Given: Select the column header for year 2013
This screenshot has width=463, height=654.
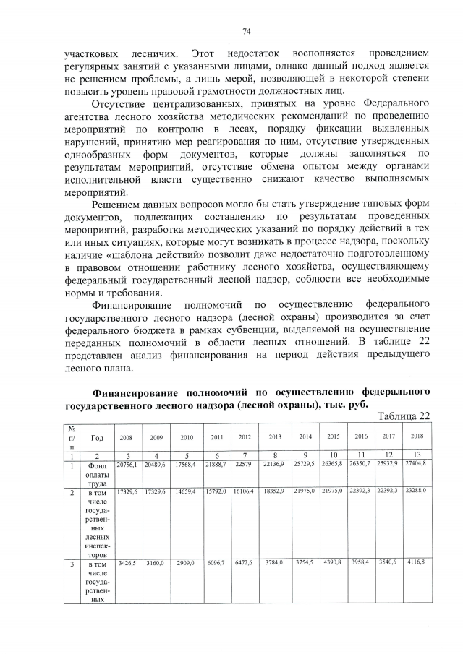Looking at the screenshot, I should [x=275, y=437].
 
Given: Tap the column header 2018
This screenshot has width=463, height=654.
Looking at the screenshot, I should [x=416, y=437].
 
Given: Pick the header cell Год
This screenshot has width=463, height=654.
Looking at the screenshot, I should [x=97, y=437].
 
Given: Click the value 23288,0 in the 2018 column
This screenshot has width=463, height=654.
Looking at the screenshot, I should [x=416, y=491].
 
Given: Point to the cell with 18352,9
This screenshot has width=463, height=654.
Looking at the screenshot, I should [x=275, y=491].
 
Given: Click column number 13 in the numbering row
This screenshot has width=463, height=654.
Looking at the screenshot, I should [x=416, y=454].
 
